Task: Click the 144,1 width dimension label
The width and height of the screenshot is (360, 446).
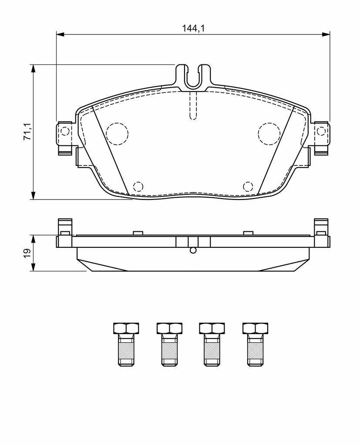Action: click(x=193, y=28)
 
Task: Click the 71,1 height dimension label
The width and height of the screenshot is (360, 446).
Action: click(x=27, y=132)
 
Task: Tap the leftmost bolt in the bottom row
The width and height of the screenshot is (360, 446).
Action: click(x=126, y=344)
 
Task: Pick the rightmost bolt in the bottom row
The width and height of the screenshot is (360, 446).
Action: click(x=255, y=344)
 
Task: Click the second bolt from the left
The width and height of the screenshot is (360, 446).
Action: click(x=169, y=344)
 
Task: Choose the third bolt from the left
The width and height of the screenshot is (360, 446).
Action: click(x=212, y=344)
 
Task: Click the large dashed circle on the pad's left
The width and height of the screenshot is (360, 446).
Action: click(x=117, y=134)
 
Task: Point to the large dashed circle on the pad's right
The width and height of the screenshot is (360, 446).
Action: click(x=269, y=134)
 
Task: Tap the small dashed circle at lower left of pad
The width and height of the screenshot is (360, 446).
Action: click(x=138, y=186)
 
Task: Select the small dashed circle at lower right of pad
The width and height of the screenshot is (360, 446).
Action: click(x=248, y=186)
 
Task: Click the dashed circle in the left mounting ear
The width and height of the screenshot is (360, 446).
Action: click(x=65, y=132)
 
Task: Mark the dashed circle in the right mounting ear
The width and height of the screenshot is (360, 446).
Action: click(x=321, y=132)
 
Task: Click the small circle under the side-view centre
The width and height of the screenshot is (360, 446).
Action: click(x=193, y=250)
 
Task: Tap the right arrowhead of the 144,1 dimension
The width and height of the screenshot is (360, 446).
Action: click(x=326, y=34)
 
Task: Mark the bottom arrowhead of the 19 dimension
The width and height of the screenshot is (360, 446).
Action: click(x=34, y=267)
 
